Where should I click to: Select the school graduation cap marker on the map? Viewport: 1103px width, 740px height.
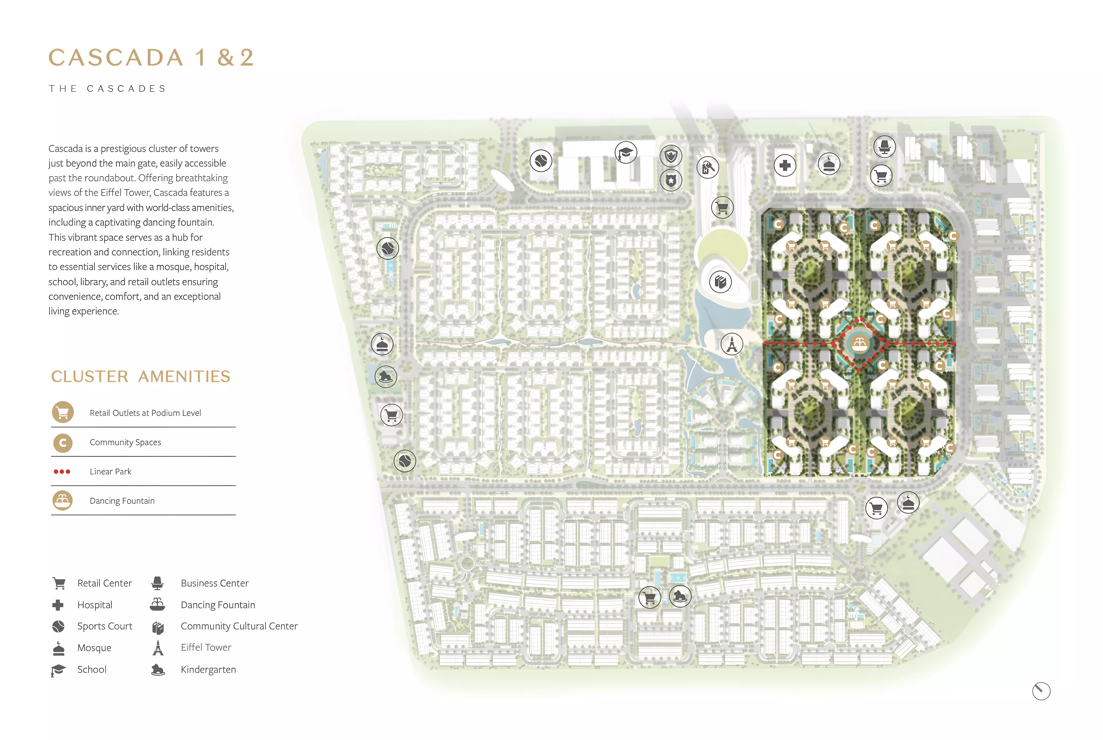(x=626, y=152)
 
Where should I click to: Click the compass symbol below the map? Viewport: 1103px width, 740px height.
(x=1041, y=691)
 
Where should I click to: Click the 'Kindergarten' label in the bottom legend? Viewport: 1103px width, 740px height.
(x=208, y=669)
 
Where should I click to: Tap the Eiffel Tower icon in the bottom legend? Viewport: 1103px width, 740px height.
(x=158, y=648)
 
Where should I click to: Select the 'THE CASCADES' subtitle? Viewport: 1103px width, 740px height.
(x=107, y=89)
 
